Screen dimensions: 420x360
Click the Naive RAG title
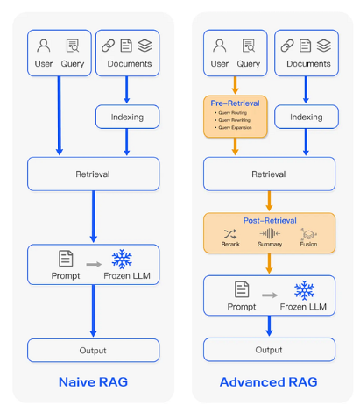click(93, 382)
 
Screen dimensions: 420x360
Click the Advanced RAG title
click(268, 382)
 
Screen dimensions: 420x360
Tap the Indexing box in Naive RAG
click(127, 117)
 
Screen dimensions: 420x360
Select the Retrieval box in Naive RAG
click(93, 174)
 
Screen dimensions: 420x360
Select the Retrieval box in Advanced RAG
click(269, 174)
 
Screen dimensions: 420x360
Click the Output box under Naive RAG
click(93, 350)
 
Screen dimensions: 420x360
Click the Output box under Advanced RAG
click(269, 350)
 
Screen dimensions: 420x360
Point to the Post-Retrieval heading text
click(269, 221)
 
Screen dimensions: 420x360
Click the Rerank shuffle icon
click(230, 234)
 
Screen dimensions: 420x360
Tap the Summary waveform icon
click(271, 234)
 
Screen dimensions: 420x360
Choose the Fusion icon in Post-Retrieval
click(309, 234)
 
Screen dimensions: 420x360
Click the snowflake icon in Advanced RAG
click(304, 289)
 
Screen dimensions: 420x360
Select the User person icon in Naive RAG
click(44, 46)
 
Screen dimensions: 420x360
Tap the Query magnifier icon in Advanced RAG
click(249, 46)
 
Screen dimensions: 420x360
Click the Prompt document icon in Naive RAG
click(65, 259)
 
